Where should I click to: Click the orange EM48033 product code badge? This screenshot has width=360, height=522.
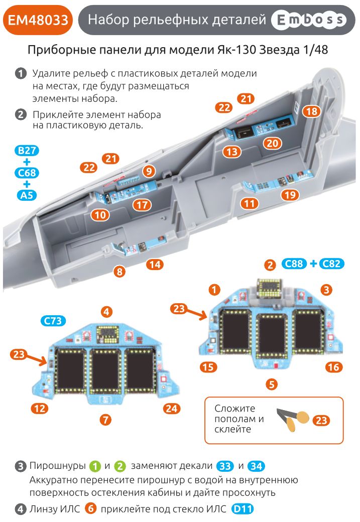(38, 20)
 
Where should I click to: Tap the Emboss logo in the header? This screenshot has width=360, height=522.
(308, 20)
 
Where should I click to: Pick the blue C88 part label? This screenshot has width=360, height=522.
(294, 264)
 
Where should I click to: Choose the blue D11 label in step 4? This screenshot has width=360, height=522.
(243, 509)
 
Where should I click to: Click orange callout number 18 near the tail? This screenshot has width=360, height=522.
(311, 111)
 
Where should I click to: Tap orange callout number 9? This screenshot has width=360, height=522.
(148, 171)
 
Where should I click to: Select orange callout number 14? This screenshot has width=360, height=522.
(155, 264)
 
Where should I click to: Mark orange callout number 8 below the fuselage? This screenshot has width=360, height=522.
(119, 272)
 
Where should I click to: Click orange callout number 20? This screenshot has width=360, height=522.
(272, 143)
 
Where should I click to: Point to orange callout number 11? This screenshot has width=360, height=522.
(249, 203)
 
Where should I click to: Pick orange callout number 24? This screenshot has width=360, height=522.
(171, 409)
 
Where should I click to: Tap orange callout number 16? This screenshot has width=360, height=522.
(333, 367)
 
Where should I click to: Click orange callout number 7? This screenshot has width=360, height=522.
(105, 420)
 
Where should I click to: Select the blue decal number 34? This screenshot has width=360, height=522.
(256, 466)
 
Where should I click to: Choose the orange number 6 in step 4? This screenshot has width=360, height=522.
(90, 509)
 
